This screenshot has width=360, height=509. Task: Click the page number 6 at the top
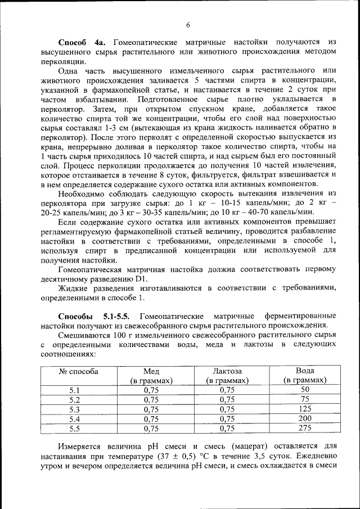coord(188,24)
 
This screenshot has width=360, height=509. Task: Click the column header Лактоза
coord(227,371)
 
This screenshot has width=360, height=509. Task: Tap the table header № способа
coord(79,371)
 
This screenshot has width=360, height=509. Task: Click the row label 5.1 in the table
coord(75,389)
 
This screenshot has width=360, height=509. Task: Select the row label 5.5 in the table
coord(75,428)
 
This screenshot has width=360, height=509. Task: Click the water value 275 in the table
coord(304,428)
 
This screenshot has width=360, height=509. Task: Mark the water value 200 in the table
coord(304,418)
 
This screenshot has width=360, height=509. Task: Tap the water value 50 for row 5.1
coord(304,389)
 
